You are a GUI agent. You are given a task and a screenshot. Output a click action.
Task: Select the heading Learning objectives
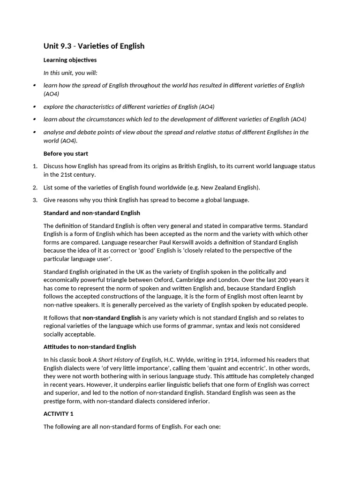point(70,60)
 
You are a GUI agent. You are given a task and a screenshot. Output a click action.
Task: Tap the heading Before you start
point(66,153)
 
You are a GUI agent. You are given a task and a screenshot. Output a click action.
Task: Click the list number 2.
point(35,187)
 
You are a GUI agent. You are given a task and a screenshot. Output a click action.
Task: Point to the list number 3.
point(35,200)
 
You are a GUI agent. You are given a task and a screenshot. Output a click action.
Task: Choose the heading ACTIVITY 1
point(59,414)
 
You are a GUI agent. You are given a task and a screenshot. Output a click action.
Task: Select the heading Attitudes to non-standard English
point(90,347)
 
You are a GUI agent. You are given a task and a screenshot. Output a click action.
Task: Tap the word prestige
point(55,401)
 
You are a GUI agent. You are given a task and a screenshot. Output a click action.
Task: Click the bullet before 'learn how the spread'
point(35,85)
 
